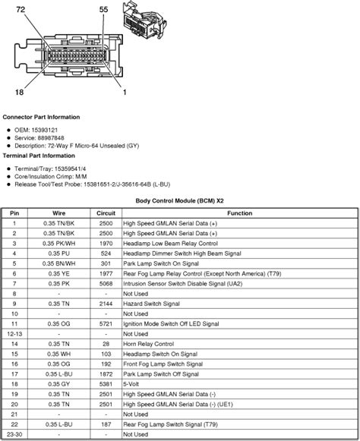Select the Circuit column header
pyautogui.click(x=106, y=213)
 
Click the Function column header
pyautogui.click(x=239, y=213)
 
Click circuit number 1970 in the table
pyautogui.click(x=106, y=243)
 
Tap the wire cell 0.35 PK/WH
pyautogui.click(x=59, y=243)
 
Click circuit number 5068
pyautogui.click(x=106, y=282)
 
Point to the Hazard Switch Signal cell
pyautogui.click(x=150, y=302)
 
